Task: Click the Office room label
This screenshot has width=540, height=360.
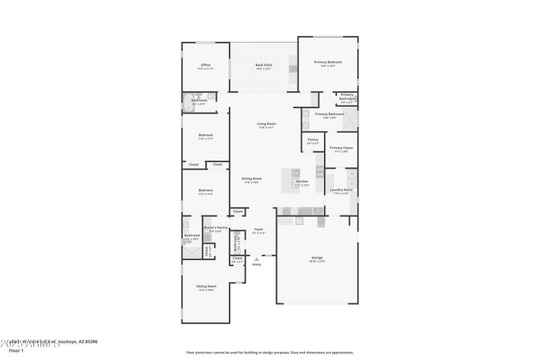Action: click(x=205, y=66)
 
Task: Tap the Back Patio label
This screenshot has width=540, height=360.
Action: click(x=263, y=66)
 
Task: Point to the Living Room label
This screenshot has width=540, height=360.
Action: click(x=266, y=124)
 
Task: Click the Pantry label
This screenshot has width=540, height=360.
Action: click(x=313, y=140)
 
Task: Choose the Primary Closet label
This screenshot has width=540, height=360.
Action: click(x=341, y=148)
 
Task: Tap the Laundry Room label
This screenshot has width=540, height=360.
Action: click(x=341, y=190)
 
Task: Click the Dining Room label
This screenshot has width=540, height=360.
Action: click(x=252, y=179)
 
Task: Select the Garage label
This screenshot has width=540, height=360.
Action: click(x=317, y=258)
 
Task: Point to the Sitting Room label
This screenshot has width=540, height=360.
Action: click(x=206, y=286)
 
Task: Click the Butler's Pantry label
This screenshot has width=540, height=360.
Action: click(x=215, y=228)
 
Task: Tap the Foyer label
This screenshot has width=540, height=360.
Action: click(x=259, y=230)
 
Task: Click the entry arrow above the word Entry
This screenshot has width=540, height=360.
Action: click(x=256, y=259)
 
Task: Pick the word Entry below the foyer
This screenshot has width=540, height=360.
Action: click(x=256, y=264)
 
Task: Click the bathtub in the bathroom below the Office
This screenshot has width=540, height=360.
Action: click(x=187, y=103)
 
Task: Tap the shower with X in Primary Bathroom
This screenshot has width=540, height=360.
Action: click(x=350, y=119)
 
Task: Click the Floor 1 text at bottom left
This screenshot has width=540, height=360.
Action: click(x=16, y=351)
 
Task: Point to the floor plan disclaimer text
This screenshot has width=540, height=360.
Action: click(x=269, y=352)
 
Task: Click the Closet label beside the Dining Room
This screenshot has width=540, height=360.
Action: click(x=238, y=211)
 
